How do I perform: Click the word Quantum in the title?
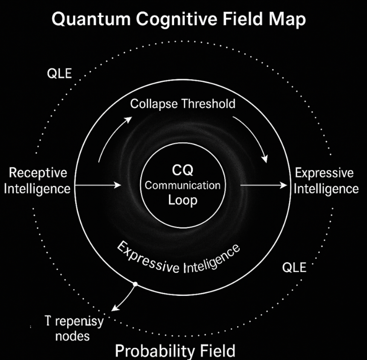coord(90,19)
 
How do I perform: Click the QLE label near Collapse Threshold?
coord(59,73)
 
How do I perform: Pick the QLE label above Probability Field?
coord(294,268)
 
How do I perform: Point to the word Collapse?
coord(154,104)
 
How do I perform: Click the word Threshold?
coord(208,104)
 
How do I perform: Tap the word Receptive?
coord(38,173)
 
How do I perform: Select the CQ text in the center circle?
coord(182,171)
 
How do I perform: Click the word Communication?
coord(183,185)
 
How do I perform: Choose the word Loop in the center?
coord(183,200)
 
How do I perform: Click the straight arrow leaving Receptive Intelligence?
coord(98,185)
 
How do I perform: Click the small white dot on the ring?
coord(135,283)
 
